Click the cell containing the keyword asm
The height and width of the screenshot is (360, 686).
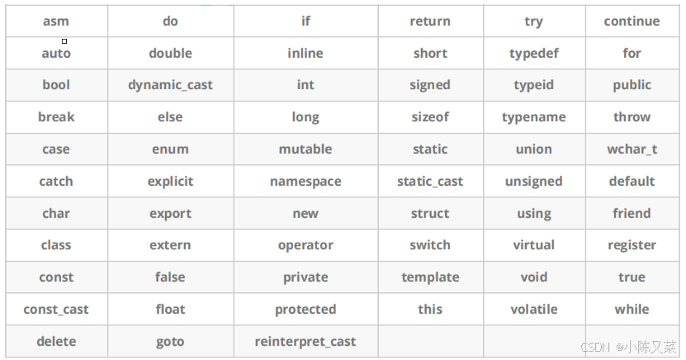[56, 21]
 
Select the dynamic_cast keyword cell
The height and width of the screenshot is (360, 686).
[170, 85]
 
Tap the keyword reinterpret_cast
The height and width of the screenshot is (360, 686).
[305, 341]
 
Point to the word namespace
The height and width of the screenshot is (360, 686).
[305, 182]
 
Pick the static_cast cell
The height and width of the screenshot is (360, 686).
[430, 182]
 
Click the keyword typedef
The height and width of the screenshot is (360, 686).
[534, 54]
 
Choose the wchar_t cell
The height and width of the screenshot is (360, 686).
[632, 149]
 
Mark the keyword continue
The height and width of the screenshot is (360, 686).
[632, 21]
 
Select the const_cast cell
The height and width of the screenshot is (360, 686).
[56, 310]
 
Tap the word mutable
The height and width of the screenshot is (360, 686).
[305, 149]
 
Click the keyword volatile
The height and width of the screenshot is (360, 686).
[534, 310]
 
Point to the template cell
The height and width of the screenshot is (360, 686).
[430, 277]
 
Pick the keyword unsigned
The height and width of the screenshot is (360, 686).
[534, 182]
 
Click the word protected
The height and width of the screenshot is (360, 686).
[305, 310]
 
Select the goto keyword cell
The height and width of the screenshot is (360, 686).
[170, 341]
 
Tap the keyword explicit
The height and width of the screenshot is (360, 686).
[170, 182]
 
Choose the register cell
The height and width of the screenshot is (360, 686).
[632, 245]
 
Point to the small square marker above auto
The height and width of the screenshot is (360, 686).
[64, 40]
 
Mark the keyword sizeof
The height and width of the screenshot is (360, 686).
[430, 117]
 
